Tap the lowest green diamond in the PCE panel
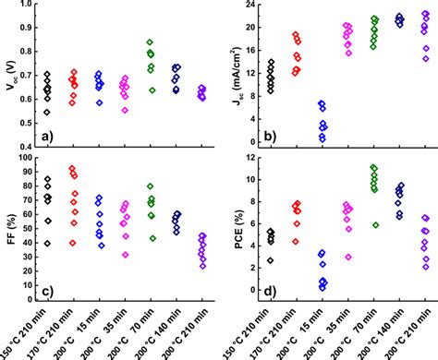tap(348, 224)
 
